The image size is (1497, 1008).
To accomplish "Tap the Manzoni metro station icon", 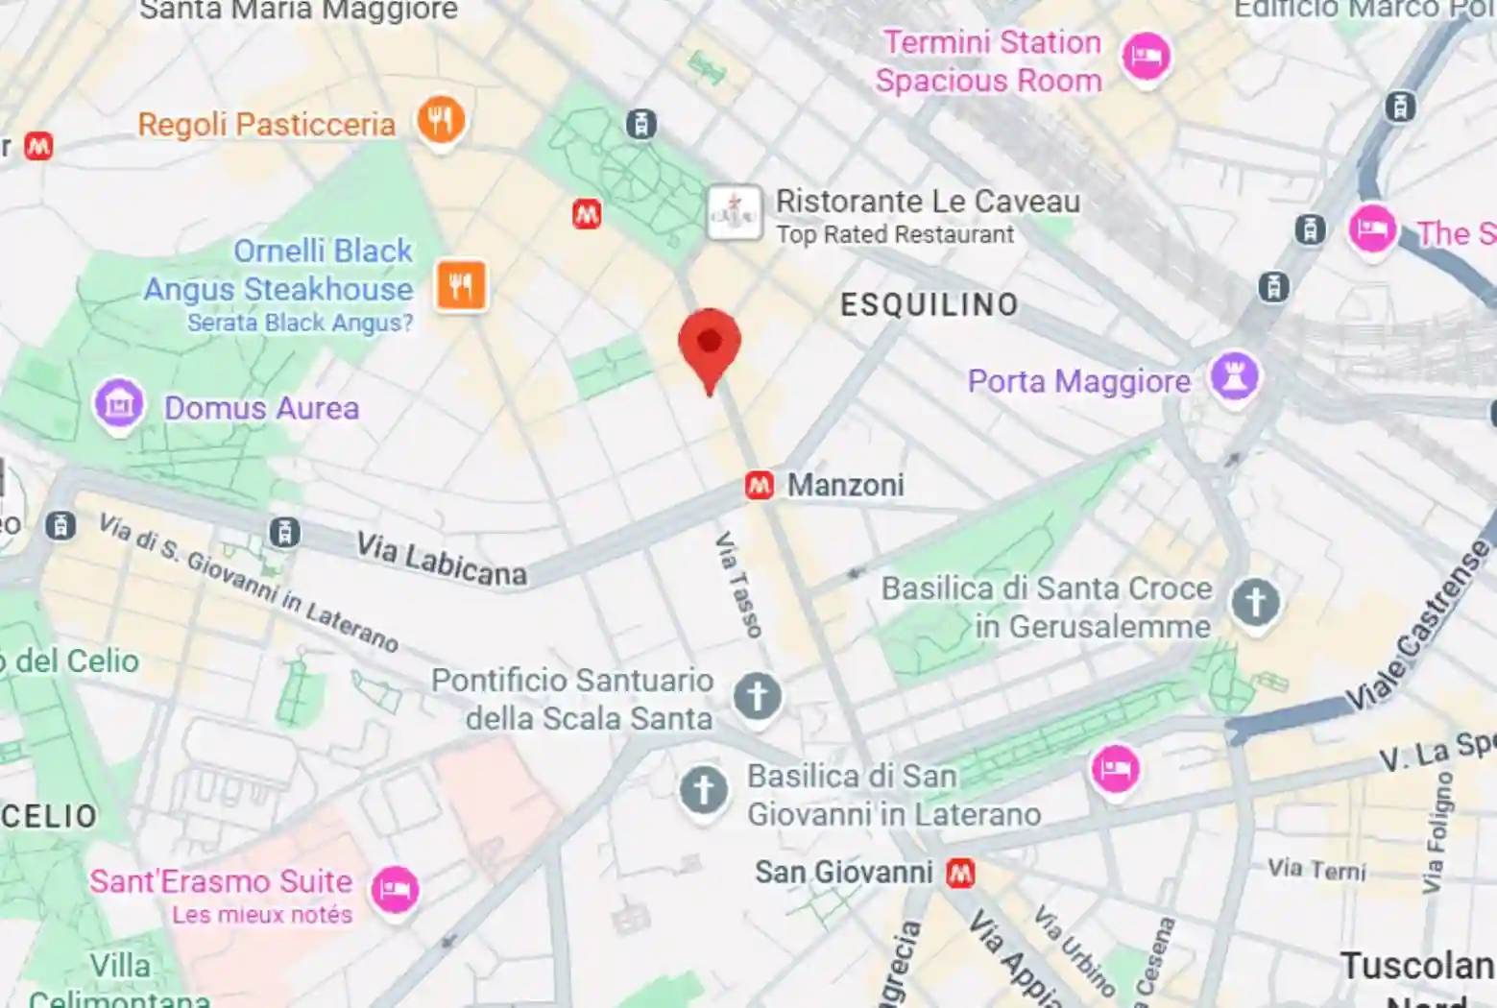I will pyautogui.click(x=760, y=486).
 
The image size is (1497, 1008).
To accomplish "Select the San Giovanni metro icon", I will pyautogui.click(x=960, y=873).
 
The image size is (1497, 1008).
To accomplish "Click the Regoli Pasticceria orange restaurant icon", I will pyautogui.click(x=441, y=121).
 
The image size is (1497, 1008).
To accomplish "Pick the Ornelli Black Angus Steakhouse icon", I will pyautogui.click(x=461, y=285).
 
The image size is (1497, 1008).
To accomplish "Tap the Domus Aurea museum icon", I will pyautogui.click(x=119, y=405).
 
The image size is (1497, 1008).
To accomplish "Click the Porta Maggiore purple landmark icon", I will pyautogui.click(x=1234, y=376).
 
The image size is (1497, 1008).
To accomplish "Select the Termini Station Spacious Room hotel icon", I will pyautogui.click(x=1146, y=57).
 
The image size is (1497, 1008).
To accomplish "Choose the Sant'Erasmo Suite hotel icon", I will pyautogui.click(x=395, y=889).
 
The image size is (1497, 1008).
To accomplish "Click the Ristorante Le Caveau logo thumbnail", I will pyautogui.click(x=735, y=212).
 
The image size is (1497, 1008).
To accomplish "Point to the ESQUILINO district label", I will pyautogui.click(x=929, y=305).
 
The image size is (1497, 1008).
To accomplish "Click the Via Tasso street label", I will pyautogui.click(x=738, y=585).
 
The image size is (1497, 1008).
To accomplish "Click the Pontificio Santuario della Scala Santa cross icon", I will pyautogui.click(x=757, y=696).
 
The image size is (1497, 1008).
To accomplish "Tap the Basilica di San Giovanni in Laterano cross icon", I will pyautogui.click(x=704, y=791).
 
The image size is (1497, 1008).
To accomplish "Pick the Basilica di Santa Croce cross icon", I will pyautogui.click(x=1255, y=603).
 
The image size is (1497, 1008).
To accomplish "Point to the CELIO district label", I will pyautogui.click(x=49, y=817).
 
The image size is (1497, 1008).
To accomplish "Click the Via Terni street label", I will pyautogui.click(x=1316, y=870).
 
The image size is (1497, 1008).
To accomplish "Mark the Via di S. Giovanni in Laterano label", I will pyautogui.click(x=248, y=582).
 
